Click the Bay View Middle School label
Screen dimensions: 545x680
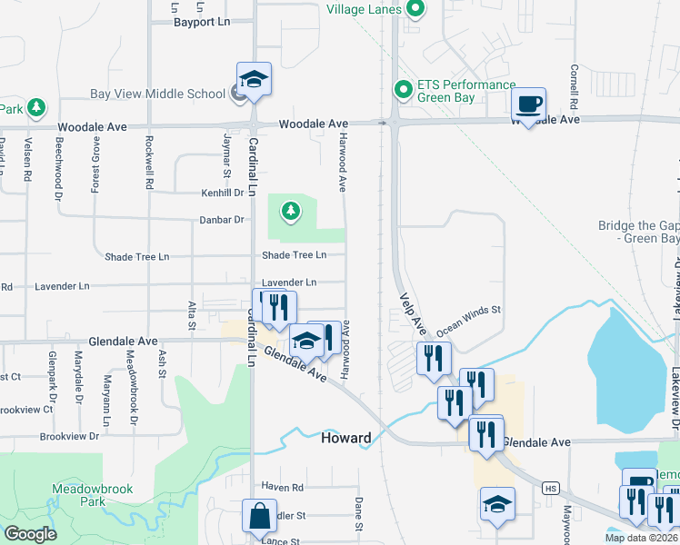pyautogui.click(x=157, y=93)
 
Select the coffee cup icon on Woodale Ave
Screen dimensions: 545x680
pyautogui.click(x=528, y=103)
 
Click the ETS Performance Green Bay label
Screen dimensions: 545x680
pyautogui.click(x=466, y=92)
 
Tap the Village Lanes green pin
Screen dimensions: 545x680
pyautogui.click(x=415, y=10)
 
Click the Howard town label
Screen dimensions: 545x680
pyautogui.click(x=346, y=438)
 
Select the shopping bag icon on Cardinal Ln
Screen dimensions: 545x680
pyautogui.click(x=260, y=515)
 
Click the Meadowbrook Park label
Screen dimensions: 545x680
pyautogui.click(x=93, y=495)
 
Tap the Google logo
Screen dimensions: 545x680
pyautogui.click(x=30, y=534)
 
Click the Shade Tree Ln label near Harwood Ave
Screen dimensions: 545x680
pyautogui.click(x=295, y=255)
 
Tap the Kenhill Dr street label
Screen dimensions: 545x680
pyautogui.click(x=223, y=193)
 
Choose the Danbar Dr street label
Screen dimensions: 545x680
pyautogui.click(x=223, y=220)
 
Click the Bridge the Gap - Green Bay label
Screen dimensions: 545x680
pyautogui.click(x=638, y=233)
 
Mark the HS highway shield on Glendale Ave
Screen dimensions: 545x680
pyautogui.click(x=549, y=488)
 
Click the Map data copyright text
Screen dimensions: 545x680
pyautogui.click(x=641, y=538)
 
